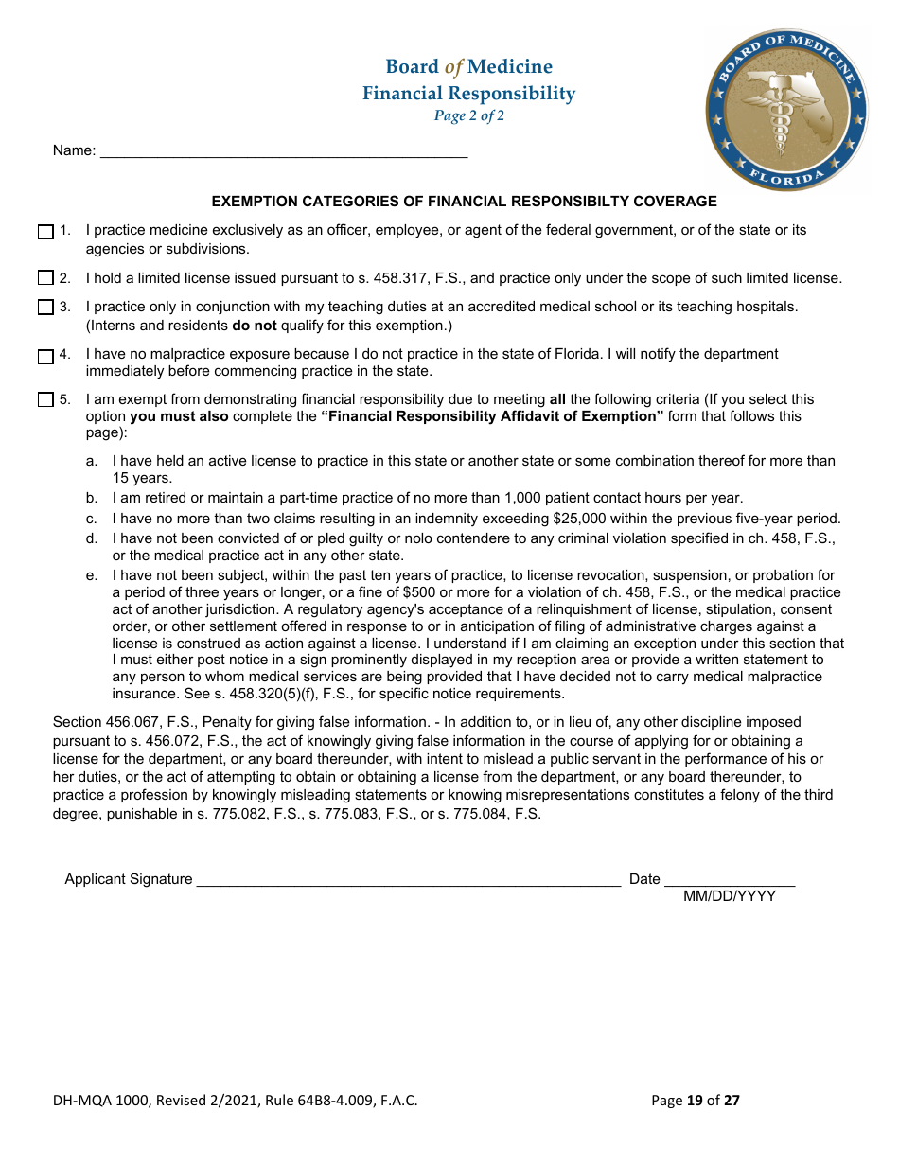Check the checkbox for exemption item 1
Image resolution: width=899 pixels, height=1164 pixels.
tap(45, 232)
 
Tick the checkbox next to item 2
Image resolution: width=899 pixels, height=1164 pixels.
tap(45, 278)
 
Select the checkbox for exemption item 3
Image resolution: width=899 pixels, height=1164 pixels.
tap(45, 308)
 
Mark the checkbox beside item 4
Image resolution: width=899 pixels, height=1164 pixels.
tap(45, 357)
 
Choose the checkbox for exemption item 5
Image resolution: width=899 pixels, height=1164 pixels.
tap(45, 400)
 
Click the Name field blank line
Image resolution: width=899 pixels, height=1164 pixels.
tap(283, 151)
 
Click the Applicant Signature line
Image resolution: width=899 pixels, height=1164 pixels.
tap(407, 879)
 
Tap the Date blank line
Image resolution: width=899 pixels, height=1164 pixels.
tap(729, 879)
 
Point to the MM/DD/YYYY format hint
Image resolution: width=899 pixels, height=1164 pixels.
tap(730, 896)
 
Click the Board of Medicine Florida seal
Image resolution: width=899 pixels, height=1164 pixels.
tap(786, 109)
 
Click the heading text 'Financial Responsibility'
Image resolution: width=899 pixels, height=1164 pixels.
tap(468, 93)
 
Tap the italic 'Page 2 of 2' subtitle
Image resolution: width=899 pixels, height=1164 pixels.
tap(468, 116)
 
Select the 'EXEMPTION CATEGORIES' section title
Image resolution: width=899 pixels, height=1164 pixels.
tap(464, 202)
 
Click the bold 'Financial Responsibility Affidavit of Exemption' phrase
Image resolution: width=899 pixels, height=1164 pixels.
tap(491, 416)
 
